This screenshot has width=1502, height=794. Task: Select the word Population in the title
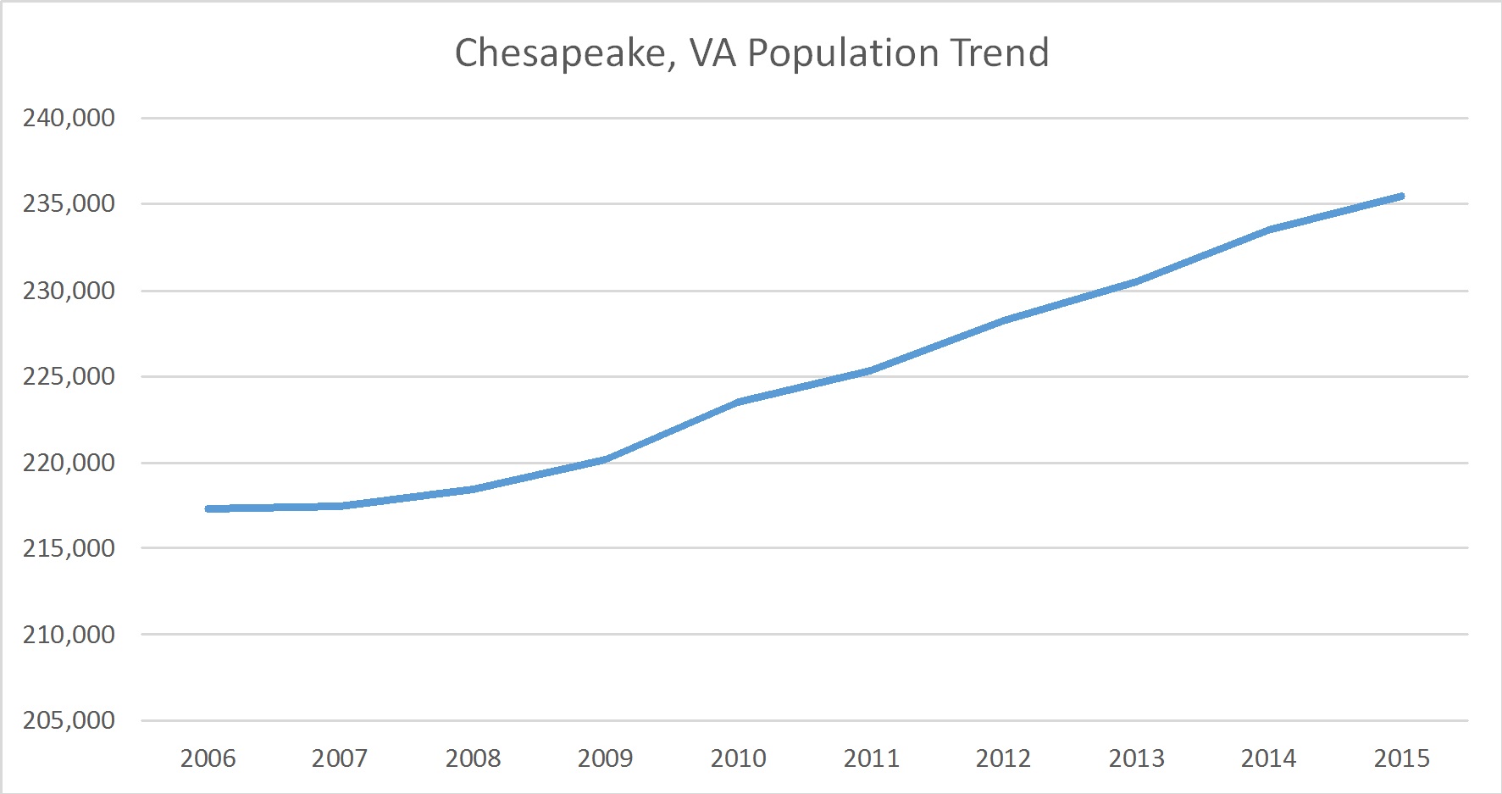click(x=843, y=53)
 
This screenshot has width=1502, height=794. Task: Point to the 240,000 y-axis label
click(x=69, y=118)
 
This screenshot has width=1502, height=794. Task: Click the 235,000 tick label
click(x=69, y=203)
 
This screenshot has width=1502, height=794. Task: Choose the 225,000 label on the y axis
click(x=69, y=376)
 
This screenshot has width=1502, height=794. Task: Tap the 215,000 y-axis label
click(x=69, y=548)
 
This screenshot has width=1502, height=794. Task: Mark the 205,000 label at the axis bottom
click(x=69, y=720)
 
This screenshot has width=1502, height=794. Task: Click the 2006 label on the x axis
click(x=208, y=758)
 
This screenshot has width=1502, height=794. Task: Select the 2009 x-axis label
click(x=605, y=758)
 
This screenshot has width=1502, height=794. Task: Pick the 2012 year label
click(x=1003, y=758)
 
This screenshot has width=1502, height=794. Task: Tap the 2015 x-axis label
click(x=1401, y=758)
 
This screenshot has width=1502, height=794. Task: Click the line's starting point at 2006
click(x=208, y=508)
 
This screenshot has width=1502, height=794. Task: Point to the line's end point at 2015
click(x=1401, y=197)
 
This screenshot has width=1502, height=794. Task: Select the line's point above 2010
click(x=739, y=402)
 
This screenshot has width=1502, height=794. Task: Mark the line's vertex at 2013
click(x=1136, y=281)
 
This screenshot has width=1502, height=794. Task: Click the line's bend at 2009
click(x=606, y=459)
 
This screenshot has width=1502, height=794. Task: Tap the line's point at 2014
click(x=1269, y=230)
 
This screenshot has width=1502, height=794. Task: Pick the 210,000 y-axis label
click(x=69, y=634)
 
